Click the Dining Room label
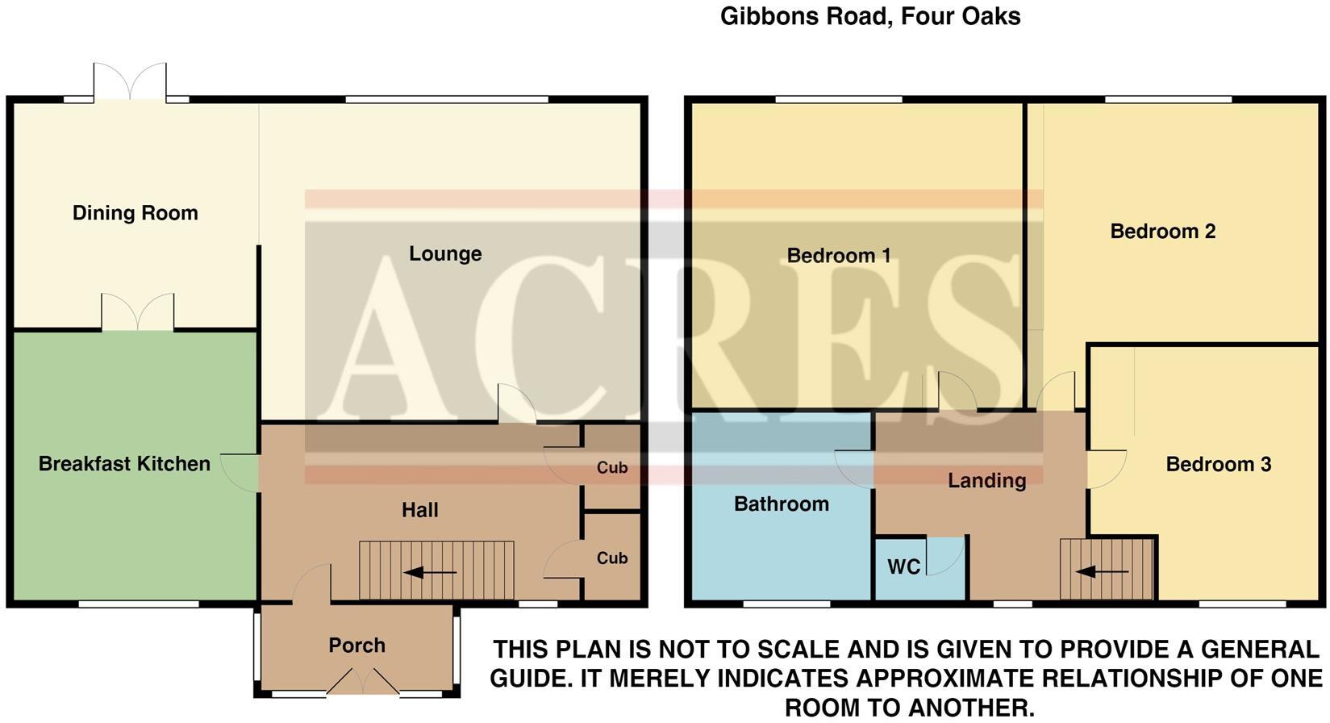click(135, 213)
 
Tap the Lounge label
click(445, 253)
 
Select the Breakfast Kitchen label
click(124, 464)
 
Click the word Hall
click(420, 510)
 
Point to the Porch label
click(356, 646)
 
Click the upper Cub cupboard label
click(612, 468)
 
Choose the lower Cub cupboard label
click(612, 558)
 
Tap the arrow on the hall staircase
click(429, 573)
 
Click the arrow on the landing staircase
click(1102, 572)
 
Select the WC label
click(903, 567)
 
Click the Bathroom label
click(781, 504)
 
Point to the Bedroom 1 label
click(838, 256)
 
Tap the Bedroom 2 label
click(1162, 232)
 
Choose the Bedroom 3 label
click(1218, 465)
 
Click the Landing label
click(986, 481)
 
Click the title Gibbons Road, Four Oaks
click(869, 16)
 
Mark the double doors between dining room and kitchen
click(137, 314)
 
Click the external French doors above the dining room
click(130, 83)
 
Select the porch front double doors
click(362, 683)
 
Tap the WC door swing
click(944, 556)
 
